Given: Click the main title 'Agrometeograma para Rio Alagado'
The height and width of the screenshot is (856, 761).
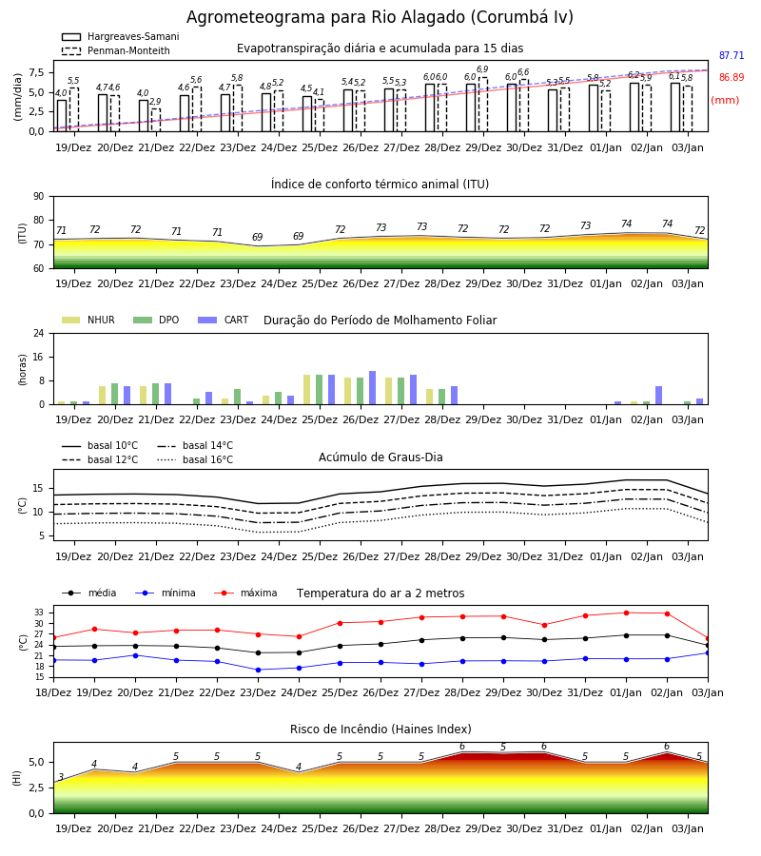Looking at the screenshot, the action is click(x=380, y=17).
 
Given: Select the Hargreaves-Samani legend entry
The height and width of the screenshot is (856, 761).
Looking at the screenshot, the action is click(x=120, y=36).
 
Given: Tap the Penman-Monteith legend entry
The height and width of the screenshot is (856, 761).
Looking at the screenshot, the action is click(x=116, y=50).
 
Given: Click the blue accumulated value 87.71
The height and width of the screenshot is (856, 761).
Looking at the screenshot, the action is click(x=732, y=55).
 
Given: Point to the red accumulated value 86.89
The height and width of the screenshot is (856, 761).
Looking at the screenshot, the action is click(x=732, y=77).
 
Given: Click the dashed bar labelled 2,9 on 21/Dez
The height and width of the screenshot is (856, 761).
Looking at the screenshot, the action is click(x=156, y=120).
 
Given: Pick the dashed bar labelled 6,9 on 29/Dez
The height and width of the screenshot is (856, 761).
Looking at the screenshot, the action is click(x=482, y=105).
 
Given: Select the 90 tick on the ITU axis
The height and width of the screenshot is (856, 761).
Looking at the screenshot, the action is click(x=39, y=197).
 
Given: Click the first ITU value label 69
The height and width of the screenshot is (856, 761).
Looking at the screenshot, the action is click(x=257, y=237).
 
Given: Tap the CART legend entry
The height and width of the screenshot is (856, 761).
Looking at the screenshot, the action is click(x=224, y=320).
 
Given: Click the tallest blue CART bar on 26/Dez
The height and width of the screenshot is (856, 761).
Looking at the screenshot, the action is click(x=372, y=388).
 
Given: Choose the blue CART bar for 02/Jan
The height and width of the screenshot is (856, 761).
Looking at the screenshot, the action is click(x=659, y=396).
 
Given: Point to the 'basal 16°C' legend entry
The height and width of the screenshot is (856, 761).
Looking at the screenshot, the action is click(x=195, y=459).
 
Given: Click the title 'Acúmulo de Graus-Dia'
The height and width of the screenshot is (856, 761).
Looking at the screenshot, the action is click(x=380, y=457).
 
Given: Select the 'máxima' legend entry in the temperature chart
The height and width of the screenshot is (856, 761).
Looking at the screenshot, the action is click(x=245, y=593).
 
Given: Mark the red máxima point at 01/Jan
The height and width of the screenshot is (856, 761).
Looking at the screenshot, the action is click(x=626, y=613).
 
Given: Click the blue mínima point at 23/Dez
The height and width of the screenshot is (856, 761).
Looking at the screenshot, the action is click(x=258, y=670).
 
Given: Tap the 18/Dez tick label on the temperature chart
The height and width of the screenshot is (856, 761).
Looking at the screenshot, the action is click(x=53, y=692).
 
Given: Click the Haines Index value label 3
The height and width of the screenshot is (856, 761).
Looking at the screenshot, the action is click(x=61, y=777).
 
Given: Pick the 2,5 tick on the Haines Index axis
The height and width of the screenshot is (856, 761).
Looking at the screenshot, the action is click(x=36, y=788).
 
